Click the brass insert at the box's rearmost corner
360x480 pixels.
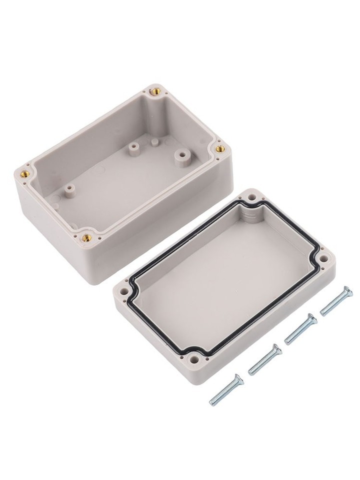click(x=154, y=91)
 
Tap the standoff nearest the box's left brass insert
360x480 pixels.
click(x=69, y=190)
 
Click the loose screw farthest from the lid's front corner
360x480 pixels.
click(x=336, y=300)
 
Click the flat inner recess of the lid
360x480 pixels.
click(x=225, y=280)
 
